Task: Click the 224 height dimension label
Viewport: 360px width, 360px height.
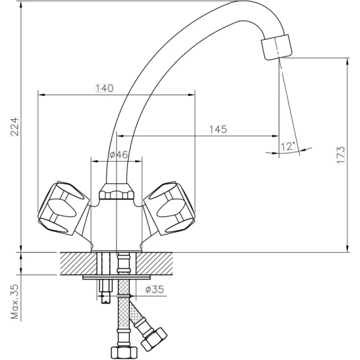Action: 14,127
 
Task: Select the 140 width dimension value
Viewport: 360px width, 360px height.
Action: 105,88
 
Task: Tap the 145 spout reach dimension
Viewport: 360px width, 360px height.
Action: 218,129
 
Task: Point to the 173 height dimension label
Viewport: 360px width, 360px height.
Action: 341,155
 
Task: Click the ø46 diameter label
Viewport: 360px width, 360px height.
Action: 119,155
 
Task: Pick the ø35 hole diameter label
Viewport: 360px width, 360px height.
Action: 155,289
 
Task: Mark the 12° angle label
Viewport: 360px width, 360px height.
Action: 288,146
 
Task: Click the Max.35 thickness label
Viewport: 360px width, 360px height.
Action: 15,302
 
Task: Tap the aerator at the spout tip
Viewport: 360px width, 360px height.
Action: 276,47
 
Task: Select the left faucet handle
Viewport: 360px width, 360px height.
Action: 63,208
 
